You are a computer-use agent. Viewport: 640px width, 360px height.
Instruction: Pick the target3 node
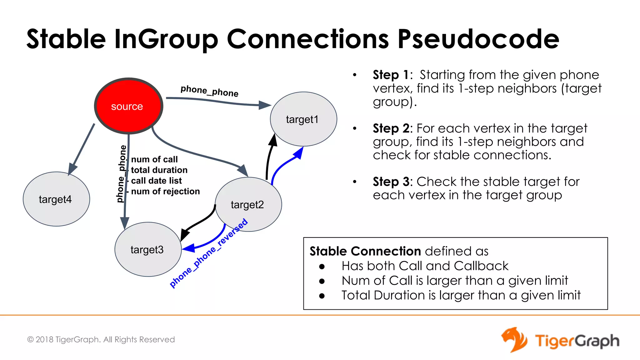coord(148,249)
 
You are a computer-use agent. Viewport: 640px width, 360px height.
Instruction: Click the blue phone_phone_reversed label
coord(208,253)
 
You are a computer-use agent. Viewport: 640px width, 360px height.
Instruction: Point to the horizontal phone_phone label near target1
coord(209,91)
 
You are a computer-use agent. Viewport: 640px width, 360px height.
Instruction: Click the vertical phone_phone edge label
coord(122,174)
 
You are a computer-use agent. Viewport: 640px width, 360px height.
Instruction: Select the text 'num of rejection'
coord(165,191)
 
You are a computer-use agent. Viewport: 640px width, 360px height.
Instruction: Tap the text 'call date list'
coord(156,181)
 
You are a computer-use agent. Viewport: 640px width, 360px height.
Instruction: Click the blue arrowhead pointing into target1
coord(299,153)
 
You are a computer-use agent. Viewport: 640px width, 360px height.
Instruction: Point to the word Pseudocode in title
coord(478,39)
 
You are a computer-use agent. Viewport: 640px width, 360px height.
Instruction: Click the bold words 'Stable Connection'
coord(365,251)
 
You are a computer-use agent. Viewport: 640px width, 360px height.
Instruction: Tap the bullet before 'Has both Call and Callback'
coord(322,266)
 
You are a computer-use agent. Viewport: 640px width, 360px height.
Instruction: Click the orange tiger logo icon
coord(514,340)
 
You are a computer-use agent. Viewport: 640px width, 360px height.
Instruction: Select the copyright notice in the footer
coord(101,339)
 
